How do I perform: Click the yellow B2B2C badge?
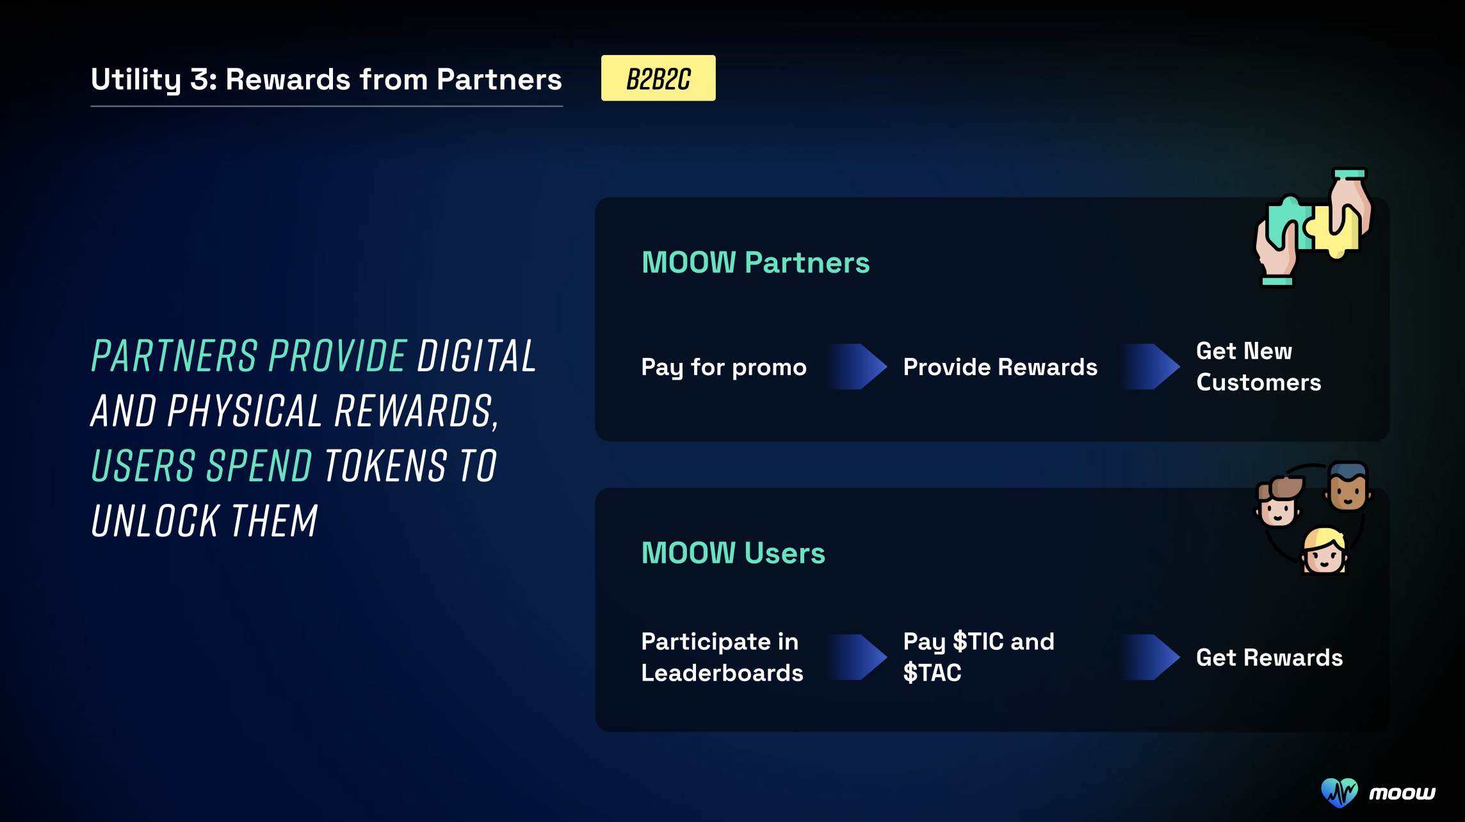point(658,78)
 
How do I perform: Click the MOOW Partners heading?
point(756,262)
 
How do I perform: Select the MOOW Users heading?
point(733,553)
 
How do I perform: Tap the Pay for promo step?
point(724,367)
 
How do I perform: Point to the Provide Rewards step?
point(1000,367)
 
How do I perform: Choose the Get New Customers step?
point(1258,366)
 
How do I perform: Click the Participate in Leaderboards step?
point(722,657)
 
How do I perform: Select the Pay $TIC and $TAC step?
point(978,657)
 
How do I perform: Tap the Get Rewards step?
point(1269,657)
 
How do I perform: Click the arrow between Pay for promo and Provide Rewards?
point(857,367)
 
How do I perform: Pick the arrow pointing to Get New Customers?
point(1150,367)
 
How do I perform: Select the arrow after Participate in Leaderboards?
point(857,657)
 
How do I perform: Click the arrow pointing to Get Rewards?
point(1150,657)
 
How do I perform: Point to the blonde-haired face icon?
point(1324,551)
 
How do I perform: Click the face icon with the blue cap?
point(1348,486)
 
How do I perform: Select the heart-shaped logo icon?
point(1339,793)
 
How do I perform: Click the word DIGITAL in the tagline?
point(476,356)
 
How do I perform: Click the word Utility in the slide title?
point(136,80)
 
